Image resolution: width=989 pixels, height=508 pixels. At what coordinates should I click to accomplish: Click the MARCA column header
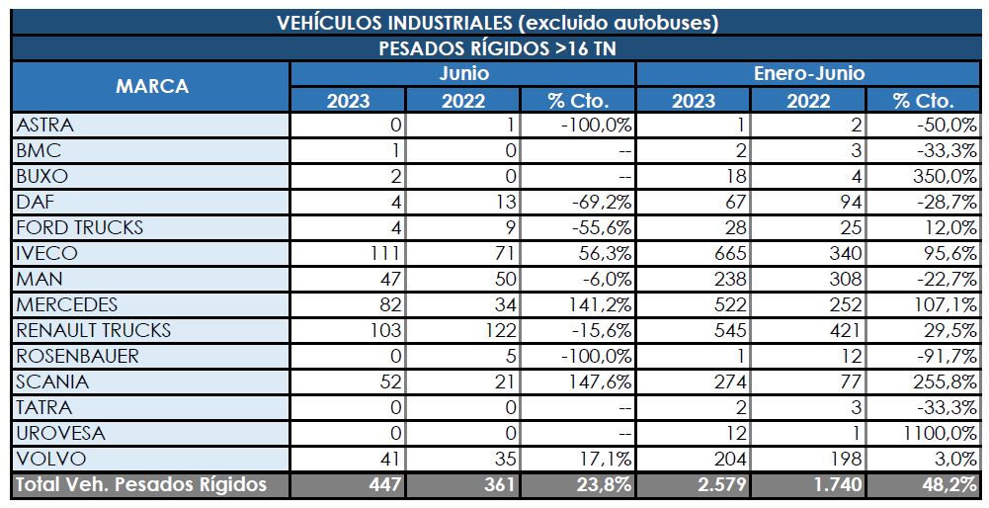[x=151, y=87]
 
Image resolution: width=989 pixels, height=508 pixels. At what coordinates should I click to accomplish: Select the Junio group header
[x=463, y=74]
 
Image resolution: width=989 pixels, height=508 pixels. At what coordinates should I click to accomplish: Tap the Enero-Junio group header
[x=809, y=74]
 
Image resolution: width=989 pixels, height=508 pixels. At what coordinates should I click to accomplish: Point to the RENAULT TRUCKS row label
[x=94, y=330]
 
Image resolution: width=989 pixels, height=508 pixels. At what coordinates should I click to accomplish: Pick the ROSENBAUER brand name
[x=78, y=356]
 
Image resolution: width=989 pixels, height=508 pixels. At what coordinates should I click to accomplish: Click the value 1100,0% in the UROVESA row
[x=940, y=433]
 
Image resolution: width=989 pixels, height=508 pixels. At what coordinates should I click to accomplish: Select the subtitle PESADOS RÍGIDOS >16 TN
[x=497, y=48]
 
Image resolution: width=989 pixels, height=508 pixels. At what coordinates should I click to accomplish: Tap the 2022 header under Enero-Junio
[x=809, y=100]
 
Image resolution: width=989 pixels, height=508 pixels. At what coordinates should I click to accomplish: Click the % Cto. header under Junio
[x=578, y=100]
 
